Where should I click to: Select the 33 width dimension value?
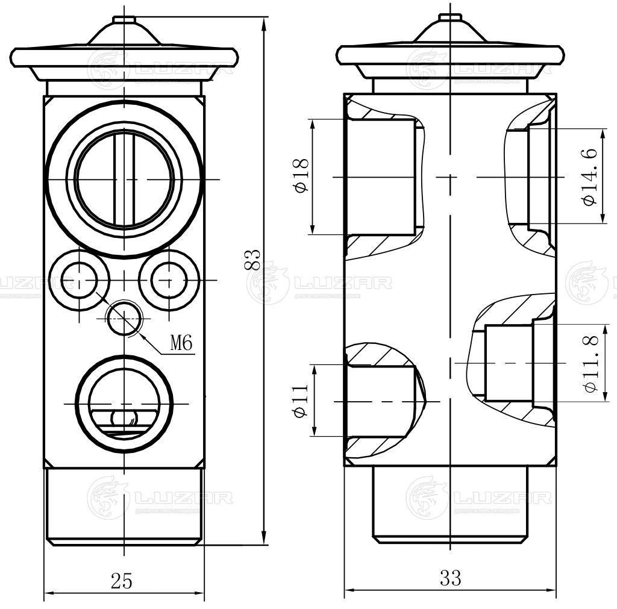click(x=450, y=578)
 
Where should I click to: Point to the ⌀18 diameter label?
click(x=301, y=175)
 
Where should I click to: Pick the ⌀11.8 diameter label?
click(x=590, y=364)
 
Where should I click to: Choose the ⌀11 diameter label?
click(x=301, y=400)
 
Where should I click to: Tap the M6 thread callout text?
click(x=181, y=344)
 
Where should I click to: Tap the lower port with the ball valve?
click(x=124, y=402)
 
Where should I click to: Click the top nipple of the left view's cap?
click(x=124, y=21)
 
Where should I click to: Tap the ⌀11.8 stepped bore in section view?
click(x=509, y=363)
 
